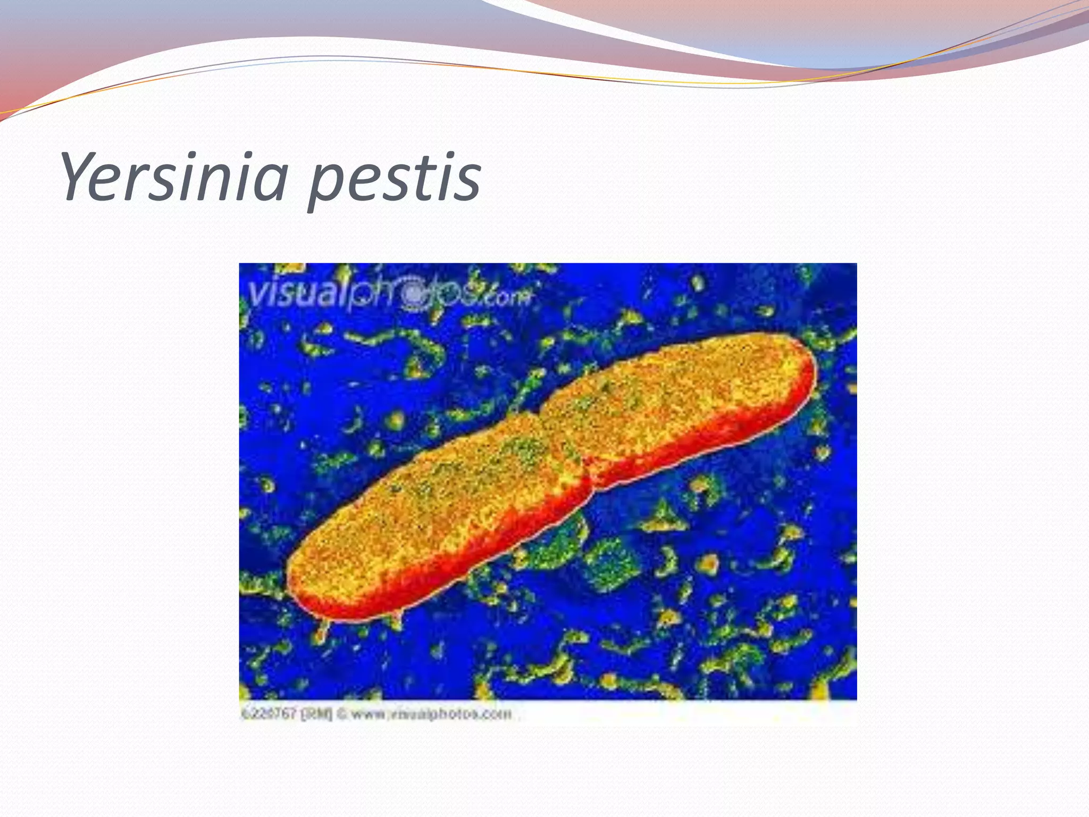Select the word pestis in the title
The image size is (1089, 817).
394,178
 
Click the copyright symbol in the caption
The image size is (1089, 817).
342,713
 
